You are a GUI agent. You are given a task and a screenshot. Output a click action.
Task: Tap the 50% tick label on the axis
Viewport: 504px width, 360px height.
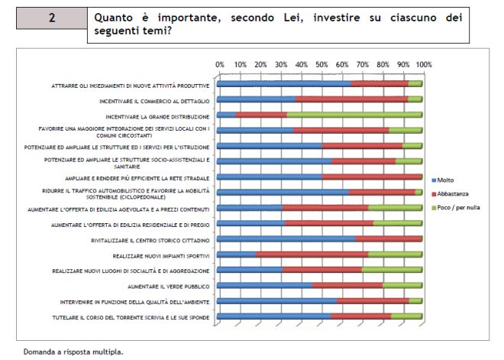321,65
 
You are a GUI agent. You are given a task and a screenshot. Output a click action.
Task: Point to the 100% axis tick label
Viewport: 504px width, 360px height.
424,65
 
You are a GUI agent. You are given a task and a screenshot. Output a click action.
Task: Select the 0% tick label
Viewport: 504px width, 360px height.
220,65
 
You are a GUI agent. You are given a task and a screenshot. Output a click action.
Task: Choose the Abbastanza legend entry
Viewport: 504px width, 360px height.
453,193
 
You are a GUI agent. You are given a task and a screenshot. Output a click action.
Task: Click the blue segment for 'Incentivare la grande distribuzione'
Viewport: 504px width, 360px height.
227,115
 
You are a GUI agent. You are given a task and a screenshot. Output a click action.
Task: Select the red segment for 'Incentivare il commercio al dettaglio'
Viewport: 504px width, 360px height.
351,99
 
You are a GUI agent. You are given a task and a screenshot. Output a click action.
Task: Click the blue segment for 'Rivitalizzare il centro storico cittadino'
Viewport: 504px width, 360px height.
286,239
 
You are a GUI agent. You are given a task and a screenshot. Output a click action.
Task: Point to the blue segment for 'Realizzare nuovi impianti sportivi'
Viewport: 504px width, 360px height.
237,255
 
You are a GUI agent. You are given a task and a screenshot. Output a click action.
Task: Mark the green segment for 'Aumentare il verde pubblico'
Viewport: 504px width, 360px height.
402,286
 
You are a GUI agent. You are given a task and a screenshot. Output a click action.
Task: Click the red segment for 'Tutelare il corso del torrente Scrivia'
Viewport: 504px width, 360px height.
361,316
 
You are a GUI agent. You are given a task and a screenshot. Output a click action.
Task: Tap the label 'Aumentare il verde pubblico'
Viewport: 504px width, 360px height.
170,286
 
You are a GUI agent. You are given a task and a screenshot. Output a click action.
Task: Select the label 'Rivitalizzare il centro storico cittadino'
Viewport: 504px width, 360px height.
156,239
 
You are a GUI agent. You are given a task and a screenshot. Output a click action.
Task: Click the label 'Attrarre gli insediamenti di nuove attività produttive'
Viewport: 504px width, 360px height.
131,84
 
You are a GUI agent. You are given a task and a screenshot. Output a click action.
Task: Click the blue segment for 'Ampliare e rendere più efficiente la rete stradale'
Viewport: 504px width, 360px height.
270,177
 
